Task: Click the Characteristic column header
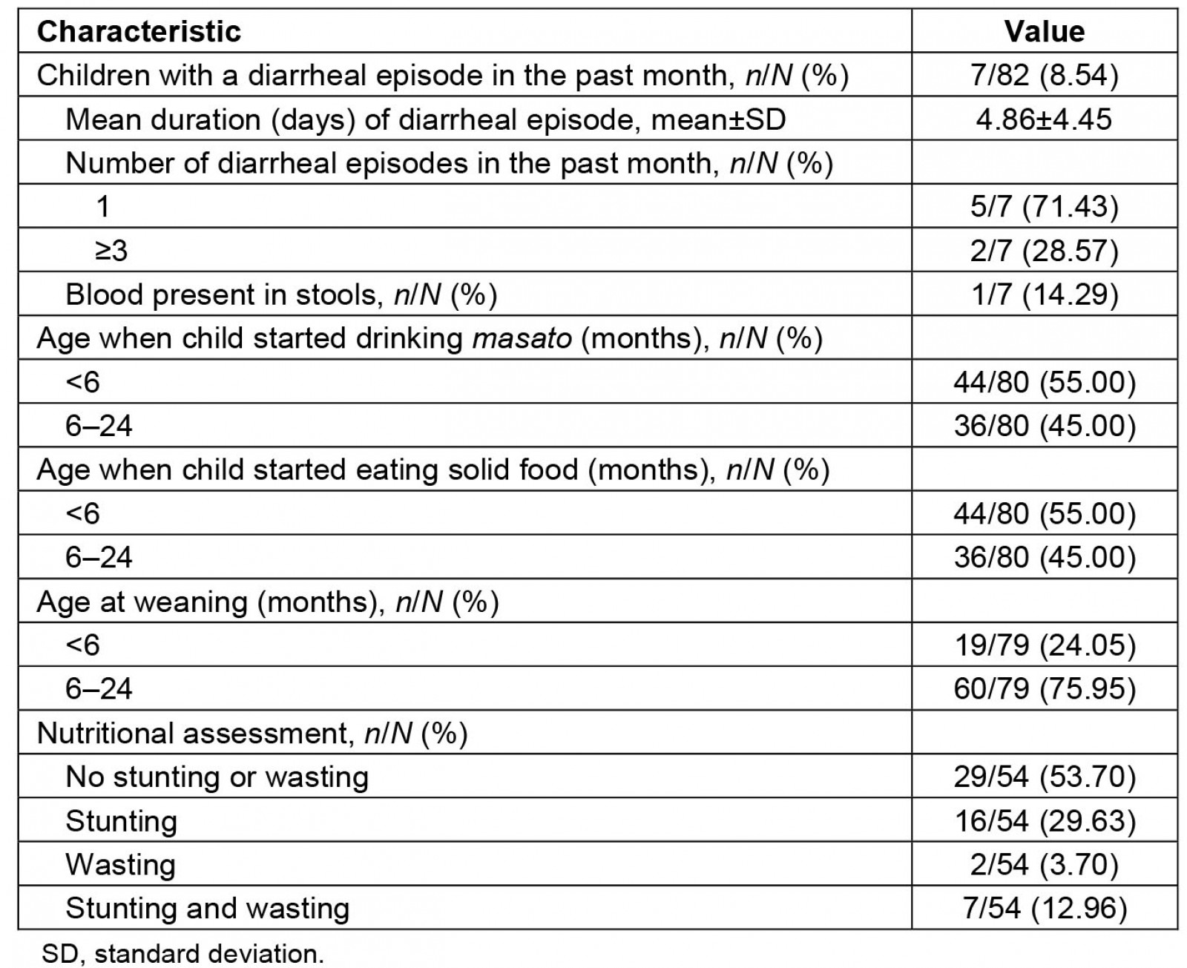point(139,31)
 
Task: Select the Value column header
point(1044,31)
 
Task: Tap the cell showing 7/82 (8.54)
point(1044,75)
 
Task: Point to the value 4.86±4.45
point(1044,119)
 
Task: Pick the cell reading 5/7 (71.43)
point(1044,206)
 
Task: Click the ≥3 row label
point(111,251)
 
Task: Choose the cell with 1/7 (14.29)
point(1044,294)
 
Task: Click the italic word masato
point(522,338)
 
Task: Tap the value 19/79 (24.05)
point(1044,645)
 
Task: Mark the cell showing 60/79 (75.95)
point(1044,689)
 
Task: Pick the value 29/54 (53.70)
point(1044,777)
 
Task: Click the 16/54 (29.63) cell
point(1044,820)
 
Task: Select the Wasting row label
point(120,864)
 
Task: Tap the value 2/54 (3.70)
point(1044,864)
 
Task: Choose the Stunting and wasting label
point(207,908)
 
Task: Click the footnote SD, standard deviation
point(183,953)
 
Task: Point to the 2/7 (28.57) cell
point(1044,251)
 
